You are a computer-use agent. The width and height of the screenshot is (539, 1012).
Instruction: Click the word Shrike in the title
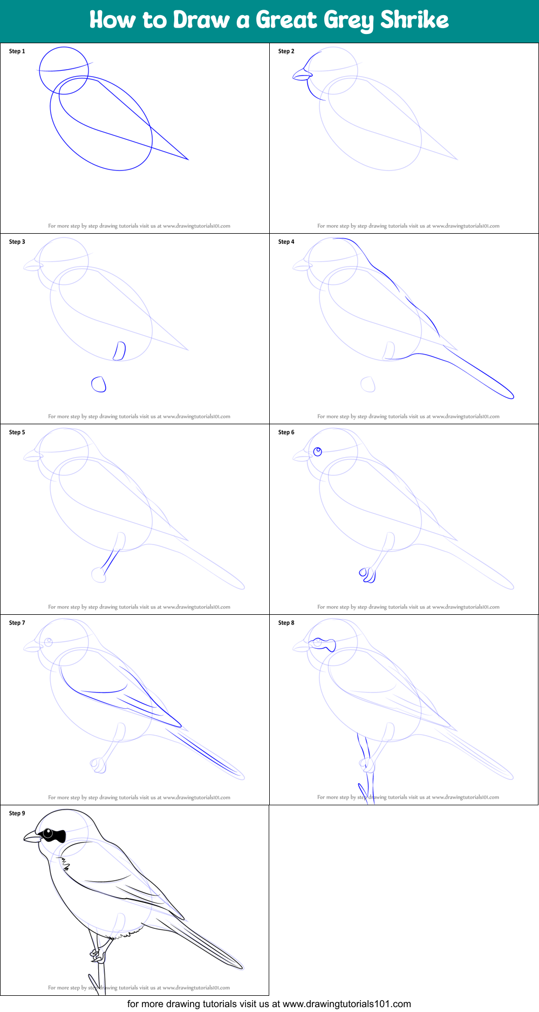pyautogui.click(x=414, y=20)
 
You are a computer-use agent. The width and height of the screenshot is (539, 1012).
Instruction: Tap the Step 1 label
pyautogui.click(x=17, y=51)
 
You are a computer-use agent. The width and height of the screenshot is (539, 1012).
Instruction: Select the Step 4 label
pyautogui.click(x=286, y=242)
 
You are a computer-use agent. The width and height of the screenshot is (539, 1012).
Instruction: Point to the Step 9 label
pyautogui.click(x=17, y=813)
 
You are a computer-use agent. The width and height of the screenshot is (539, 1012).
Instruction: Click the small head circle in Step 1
pyautogui.click(x=64, y=70)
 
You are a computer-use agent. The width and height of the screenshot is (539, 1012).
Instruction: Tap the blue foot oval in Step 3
pyautogui.click(x=99, y=384)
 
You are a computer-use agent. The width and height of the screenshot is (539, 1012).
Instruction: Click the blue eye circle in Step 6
pyautogui.click(x=318, y=451)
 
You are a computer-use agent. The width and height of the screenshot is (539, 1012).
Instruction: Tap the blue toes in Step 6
pyautogui.click(x=368, y=575)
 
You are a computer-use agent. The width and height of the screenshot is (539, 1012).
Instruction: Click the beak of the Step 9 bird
pyautogui.click(x=32, y=838)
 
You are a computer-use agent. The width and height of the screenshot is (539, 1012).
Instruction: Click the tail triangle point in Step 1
pyautogui.click(x=187, y=159)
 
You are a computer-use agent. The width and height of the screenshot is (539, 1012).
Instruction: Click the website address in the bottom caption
pyautogui.click(x=346, y=1004)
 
